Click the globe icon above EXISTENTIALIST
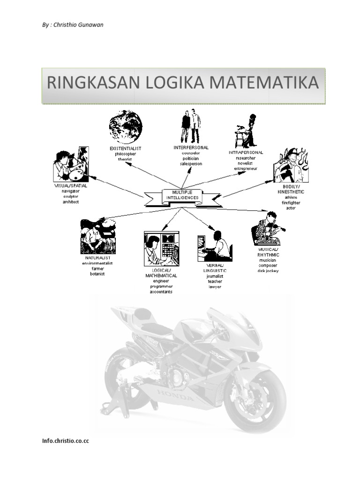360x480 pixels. coord(125,127)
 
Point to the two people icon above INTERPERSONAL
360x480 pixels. coord(190,126)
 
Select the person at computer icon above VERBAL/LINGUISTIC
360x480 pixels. coord(215,247)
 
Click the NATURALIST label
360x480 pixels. coord(97,258)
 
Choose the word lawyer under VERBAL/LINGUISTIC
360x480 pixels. coord(215,286)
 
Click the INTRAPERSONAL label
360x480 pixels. coord(246,153)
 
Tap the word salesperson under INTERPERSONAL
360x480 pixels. coord(190,164)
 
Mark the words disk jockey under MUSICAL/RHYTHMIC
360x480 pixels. coord(268,270)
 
